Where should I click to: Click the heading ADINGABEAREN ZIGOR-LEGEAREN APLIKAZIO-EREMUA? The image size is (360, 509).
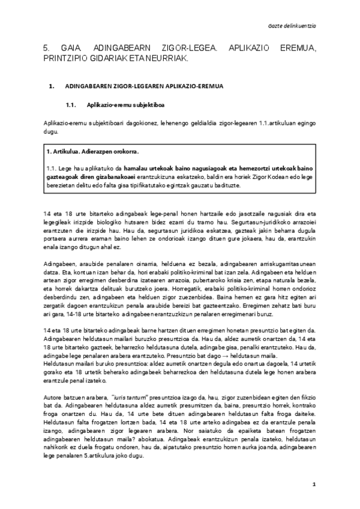point(144,86)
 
